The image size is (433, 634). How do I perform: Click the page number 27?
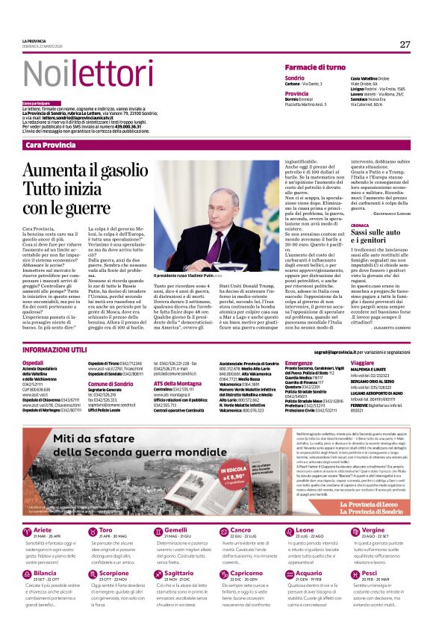[405, 44]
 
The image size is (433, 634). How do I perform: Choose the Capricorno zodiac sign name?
[246, 594]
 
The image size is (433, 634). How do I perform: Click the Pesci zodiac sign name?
[370, 594]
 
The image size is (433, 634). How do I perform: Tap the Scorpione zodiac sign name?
[113, 594]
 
